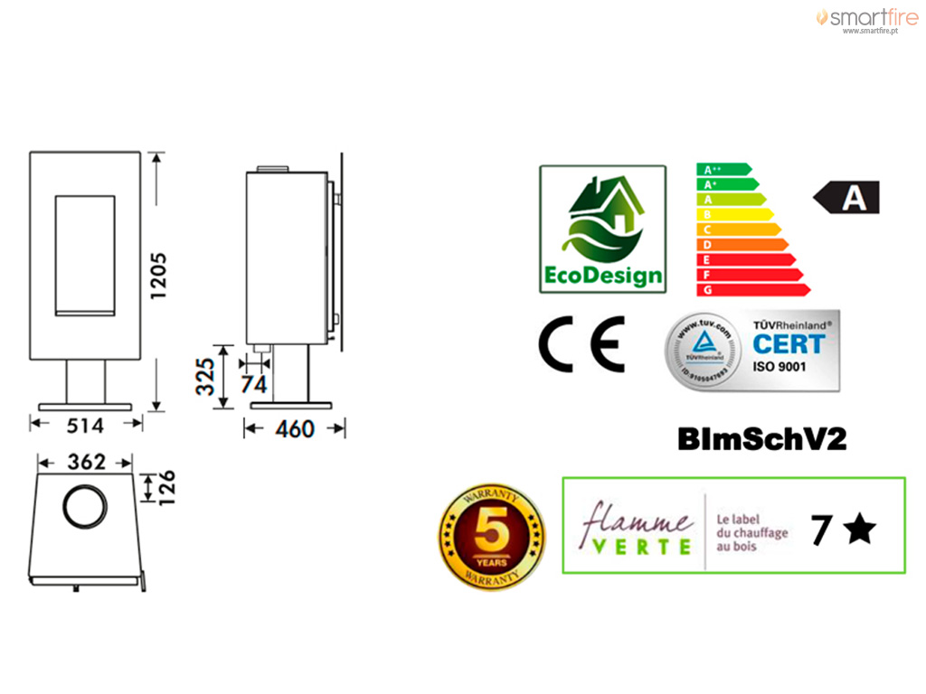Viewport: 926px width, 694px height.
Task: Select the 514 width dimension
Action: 85,425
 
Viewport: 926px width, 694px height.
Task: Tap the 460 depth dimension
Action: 295,428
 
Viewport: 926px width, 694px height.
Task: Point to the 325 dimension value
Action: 206,376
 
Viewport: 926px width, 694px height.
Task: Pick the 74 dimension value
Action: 254,384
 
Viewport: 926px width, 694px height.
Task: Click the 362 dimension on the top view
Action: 87,462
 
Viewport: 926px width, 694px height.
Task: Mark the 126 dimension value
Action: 166,488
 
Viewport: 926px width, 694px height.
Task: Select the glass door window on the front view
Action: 85,255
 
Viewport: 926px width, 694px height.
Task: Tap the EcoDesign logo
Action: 602,229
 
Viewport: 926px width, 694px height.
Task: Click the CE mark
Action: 581,344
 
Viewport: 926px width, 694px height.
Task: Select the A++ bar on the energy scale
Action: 723,169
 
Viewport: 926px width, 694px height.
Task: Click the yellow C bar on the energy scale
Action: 737,229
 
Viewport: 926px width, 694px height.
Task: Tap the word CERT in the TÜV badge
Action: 789,344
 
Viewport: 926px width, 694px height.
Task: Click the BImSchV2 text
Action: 762,439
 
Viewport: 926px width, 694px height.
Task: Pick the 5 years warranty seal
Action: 491,535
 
